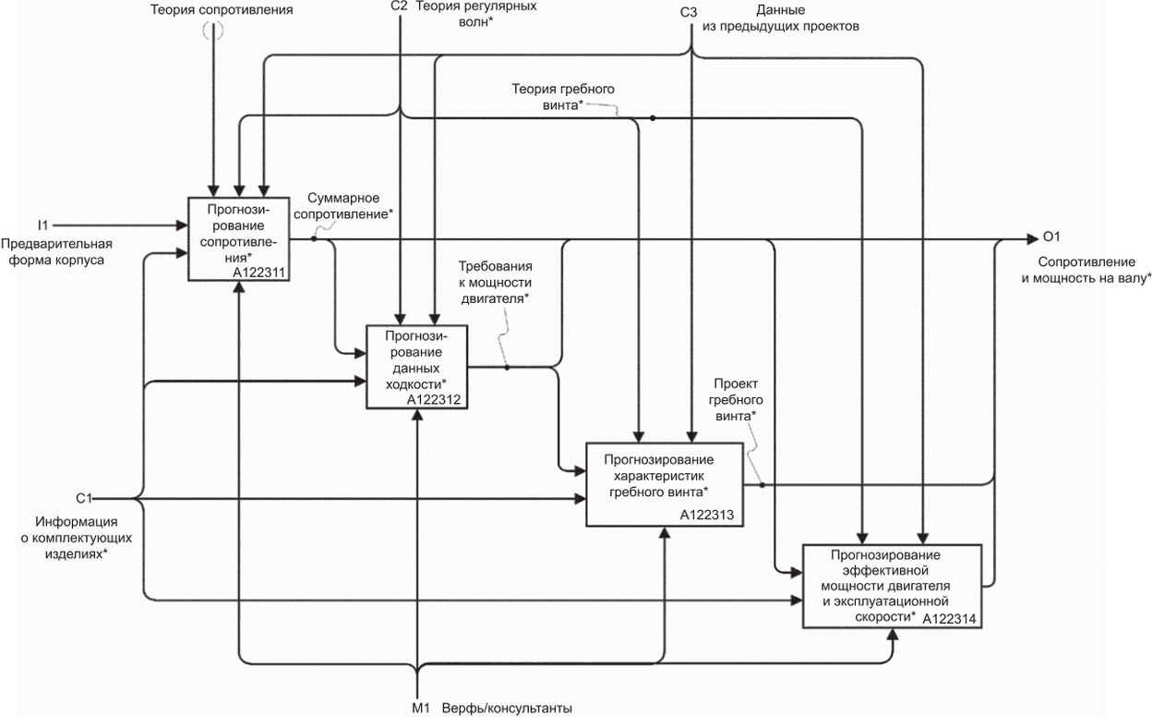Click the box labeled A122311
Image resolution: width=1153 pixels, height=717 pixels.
point(238,237)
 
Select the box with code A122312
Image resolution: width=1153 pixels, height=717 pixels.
point(417,367)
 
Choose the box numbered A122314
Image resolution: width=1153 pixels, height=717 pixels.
point(892,587)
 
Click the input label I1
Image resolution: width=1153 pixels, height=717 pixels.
point(42,225)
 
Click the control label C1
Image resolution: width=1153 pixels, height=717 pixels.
point(84,498)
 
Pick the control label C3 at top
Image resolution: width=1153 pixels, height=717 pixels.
point(689,12)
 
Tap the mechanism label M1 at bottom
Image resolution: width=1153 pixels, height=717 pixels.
point(421,708)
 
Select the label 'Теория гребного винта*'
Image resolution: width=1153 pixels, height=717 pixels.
point(563,96)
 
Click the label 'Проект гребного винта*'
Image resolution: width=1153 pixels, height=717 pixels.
point(737,398)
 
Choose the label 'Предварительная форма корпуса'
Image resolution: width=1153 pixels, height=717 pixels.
point(56,251)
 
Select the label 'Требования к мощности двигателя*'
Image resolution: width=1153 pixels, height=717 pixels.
point(495,283)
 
